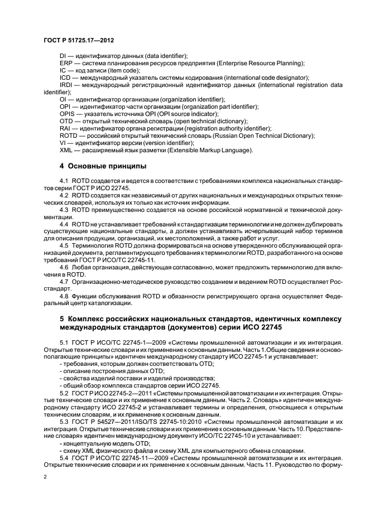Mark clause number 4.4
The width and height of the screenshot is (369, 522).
coord(64,224)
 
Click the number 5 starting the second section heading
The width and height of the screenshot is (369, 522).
coord(61,318)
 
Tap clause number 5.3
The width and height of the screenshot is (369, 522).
coord(64,421)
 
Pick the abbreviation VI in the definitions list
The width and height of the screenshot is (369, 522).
coord(63,142)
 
